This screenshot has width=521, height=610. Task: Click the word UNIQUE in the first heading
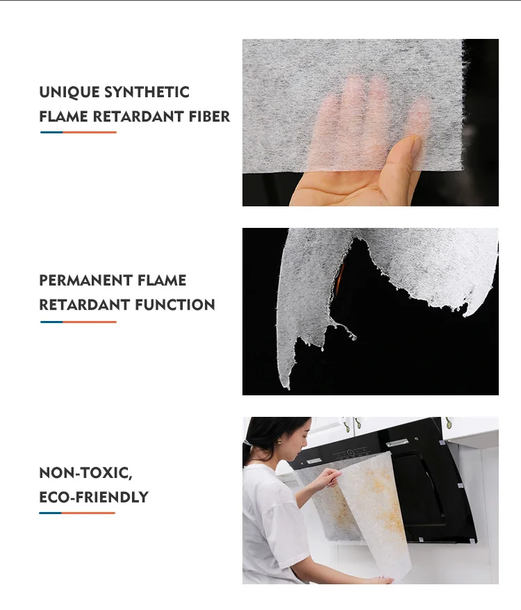69,92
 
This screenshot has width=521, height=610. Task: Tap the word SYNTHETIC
147,92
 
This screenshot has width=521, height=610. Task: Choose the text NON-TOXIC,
86,473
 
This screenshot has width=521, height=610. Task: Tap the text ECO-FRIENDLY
94,497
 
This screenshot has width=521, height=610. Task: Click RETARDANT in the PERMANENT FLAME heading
85,305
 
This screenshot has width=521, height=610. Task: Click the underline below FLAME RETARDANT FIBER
78,132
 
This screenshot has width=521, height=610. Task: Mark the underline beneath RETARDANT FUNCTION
78,322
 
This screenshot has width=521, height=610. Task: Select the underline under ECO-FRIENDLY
77,513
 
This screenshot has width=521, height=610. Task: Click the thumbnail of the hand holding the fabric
370,122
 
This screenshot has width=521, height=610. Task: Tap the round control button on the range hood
350,452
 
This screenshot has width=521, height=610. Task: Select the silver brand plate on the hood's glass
397,443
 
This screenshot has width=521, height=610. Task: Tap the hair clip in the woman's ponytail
247,443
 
